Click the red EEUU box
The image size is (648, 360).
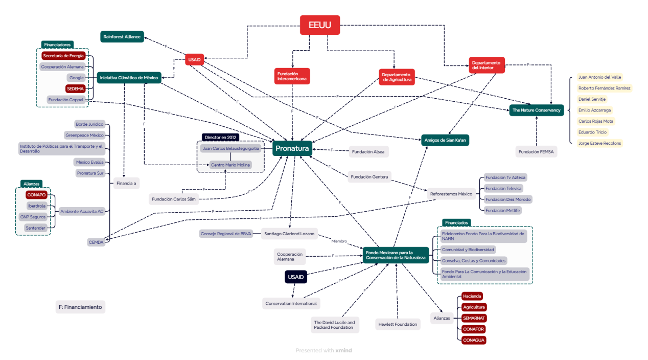click(320, 25)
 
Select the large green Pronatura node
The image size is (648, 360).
click(292, 149)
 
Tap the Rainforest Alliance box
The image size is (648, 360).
click(122, 37)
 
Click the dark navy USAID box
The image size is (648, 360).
click(296, 277)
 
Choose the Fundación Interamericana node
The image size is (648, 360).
click(292, 76)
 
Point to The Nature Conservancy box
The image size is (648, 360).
click(537, 110)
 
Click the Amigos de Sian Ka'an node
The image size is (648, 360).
click(445, 140)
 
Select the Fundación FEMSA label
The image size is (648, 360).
click(537, 151)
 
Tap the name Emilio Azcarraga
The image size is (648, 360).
click(594, 110)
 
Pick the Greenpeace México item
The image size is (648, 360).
click(85, 135)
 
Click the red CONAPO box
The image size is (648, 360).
click(37, 195)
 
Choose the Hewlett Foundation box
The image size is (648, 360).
click(398, 324)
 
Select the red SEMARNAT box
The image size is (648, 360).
click(474, 318)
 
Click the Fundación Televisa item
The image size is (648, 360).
click(503, 188)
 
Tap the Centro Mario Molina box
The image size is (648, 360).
click(230, 165)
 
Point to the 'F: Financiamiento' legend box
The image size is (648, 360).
click(80, 307)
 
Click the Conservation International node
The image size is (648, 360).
click(291, 303)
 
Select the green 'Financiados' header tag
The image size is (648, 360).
click(456, 223)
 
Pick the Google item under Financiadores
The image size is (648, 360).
click(77, 78)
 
